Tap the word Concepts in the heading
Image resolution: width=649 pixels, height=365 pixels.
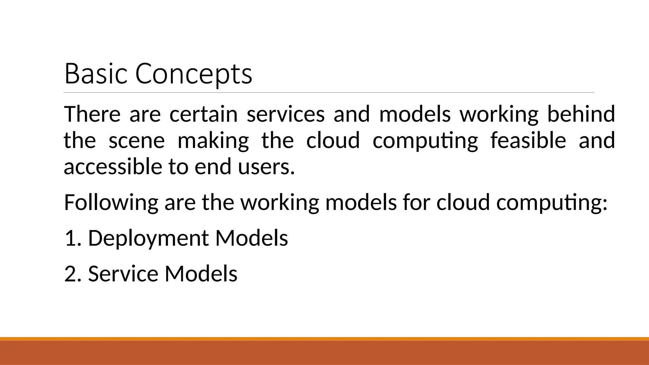tap(194, 74)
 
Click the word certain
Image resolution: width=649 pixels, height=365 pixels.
tap(203, 114)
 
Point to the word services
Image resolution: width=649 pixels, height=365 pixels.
tap(286, 114)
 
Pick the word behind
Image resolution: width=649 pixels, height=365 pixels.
tap(581, 114)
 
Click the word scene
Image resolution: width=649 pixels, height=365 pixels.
tap(137, 140)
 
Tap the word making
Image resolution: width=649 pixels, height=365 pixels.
tap(213, 140)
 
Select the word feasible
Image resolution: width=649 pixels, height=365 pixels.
tap(528, 140)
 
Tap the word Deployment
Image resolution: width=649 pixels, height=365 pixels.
tap(148, 238)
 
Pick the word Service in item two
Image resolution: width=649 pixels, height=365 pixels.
tap(123, 273)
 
